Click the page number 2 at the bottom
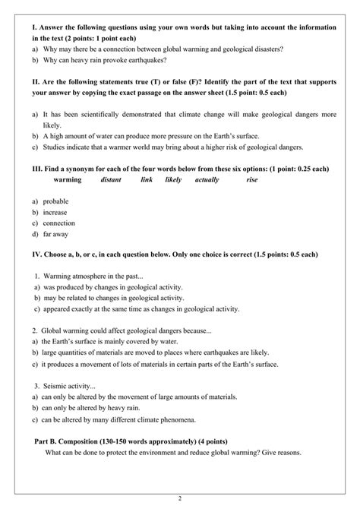(x=180, y=498)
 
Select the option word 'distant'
(x=112, y=180)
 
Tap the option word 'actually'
(x=206, y=180)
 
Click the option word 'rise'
(x=252, y=180)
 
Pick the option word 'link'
(x=147, y=180)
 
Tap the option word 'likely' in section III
(x=173, y=180)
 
